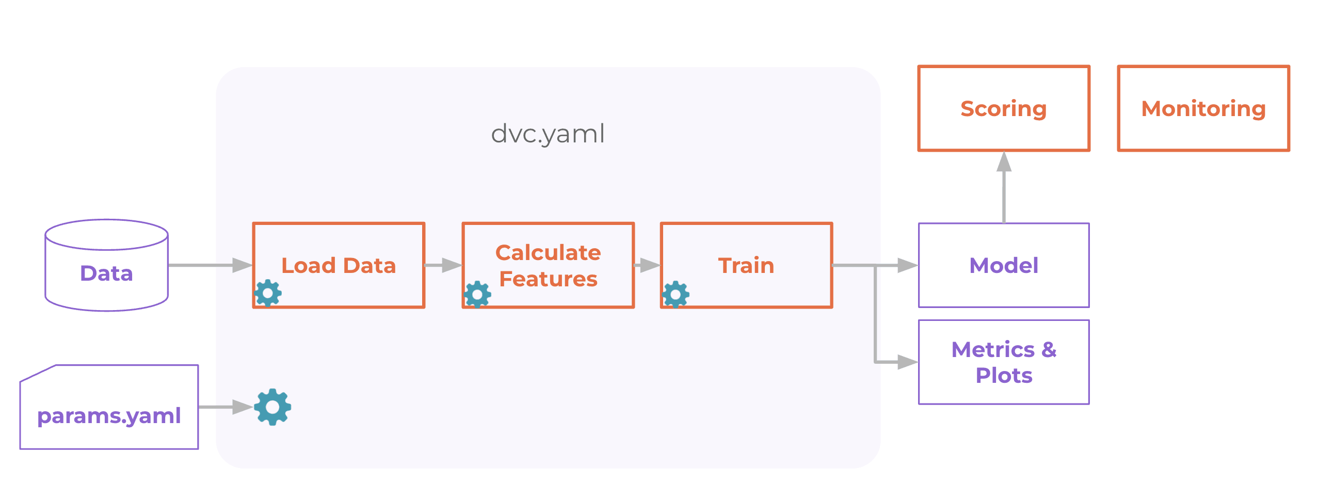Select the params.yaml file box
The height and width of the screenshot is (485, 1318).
click(109, 408)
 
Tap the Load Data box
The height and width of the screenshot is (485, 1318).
click(339, 265)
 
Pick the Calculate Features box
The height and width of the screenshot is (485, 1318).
click(548, 265)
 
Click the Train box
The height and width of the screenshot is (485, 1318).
click(746, 265)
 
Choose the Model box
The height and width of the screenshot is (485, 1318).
click(1004, 265)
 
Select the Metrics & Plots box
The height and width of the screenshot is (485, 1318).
click(1004, 362)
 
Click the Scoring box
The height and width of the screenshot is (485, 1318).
click(1004, 108)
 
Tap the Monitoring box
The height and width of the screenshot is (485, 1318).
click(1203, 108)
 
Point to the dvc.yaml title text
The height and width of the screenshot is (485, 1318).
click(548, 134)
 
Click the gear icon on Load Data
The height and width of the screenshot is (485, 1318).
click(268, 294)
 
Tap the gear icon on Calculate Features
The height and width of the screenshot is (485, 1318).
click(477, 295)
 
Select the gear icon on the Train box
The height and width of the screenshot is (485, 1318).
click(676, 295)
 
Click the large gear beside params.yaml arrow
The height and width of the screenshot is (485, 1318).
click(272, 407)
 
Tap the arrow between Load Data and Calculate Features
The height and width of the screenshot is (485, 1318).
click(443, 265)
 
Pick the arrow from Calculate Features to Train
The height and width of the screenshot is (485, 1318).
click(647, 265)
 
